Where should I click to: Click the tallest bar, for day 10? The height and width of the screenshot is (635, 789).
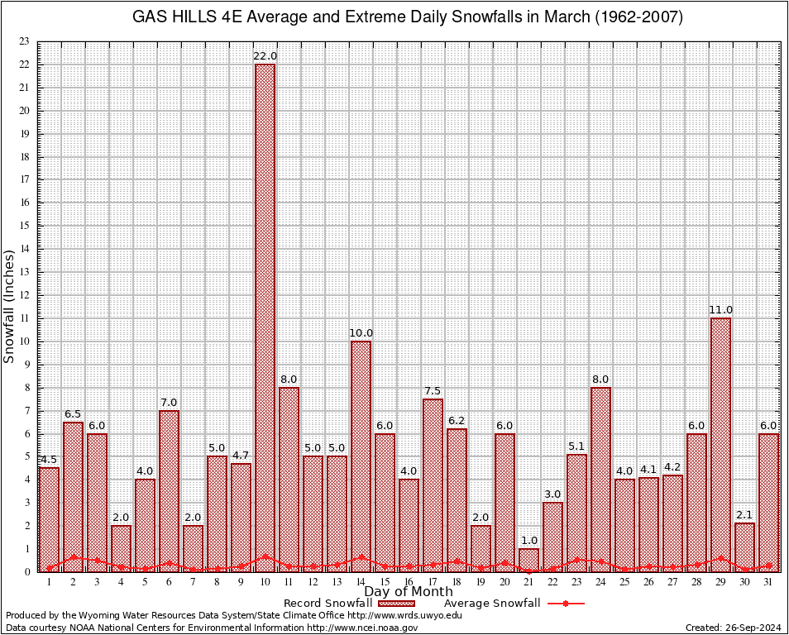265,317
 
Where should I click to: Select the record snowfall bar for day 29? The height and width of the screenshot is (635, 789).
720,444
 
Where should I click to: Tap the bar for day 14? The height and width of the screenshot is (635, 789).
361,456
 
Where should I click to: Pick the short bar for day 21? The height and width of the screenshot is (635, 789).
528,560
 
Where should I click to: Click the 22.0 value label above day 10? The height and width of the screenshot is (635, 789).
265,55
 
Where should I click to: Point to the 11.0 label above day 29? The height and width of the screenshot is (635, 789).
720,310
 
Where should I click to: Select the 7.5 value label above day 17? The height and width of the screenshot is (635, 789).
433,390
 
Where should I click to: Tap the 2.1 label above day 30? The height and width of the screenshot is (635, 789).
744,514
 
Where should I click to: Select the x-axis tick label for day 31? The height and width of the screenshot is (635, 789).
768,582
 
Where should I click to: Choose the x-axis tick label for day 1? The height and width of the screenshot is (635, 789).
49,582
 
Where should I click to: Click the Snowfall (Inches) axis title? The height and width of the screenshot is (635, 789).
9,306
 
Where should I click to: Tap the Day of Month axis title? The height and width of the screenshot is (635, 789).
408,592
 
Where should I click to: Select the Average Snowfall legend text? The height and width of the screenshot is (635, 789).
491,604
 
